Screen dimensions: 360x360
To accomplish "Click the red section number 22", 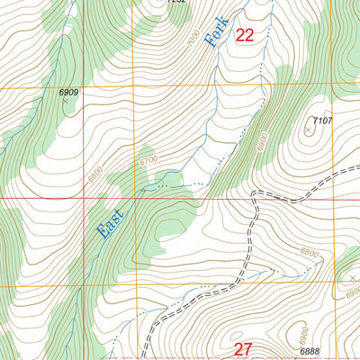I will [x=244, y=35].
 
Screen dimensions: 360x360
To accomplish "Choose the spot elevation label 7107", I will [x=322, y=120].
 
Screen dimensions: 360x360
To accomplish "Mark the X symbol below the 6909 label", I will [x=65, y=102].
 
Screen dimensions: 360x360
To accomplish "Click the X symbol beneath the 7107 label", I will [x=308, y=130].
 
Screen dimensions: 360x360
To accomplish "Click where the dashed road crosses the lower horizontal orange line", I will [x=243, y=285].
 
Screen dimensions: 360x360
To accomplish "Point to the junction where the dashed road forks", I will [x=255, y=193].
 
